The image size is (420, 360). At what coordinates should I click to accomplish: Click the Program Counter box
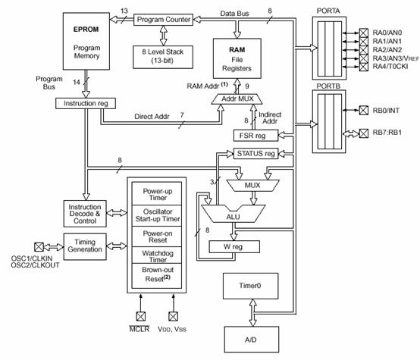(163, 20)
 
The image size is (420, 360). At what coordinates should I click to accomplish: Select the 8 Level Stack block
(163, 57)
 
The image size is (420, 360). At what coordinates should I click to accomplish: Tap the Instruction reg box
(86, 103)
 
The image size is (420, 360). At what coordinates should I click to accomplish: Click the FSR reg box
(255, 136)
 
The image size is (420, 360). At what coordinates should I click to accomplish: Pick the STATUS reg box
(255, 154)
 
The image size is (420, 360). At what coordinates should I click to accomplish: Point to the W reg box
(234, 247)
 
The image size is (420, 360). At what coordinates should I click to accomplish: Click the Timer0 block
(250, 286)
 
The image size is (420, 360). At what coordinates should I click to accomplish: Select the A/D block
(252, 340)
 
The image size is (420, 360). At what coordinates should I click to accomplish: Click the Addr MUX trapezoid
(237, 99)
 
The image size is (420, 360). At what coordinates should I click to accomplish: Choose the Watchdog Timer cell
(157, 255)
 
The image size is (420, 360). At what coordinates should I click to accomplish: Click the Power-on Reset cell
(157, 236)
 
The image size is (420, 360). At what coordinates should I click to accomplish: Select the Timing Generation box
(85, 246)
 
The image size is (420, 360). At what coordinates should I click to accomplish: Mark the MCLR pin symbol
(140, 316)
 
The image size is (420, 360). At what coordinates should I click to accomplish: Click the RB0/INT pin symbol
(363, 110)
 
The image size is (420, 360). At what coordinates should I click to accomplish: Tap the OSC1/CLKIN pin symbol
(39, 247)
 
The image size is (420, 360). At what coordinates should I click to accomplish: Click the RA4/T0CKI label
(390, 67)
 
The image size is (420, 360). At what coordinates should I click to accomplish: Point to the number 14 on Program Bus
(77, 82)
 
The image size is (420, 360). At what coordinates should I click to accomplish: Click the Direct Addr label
(152, 117)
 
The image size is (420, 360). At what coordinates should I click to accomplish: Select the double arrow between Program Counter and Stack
(164, 36)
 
